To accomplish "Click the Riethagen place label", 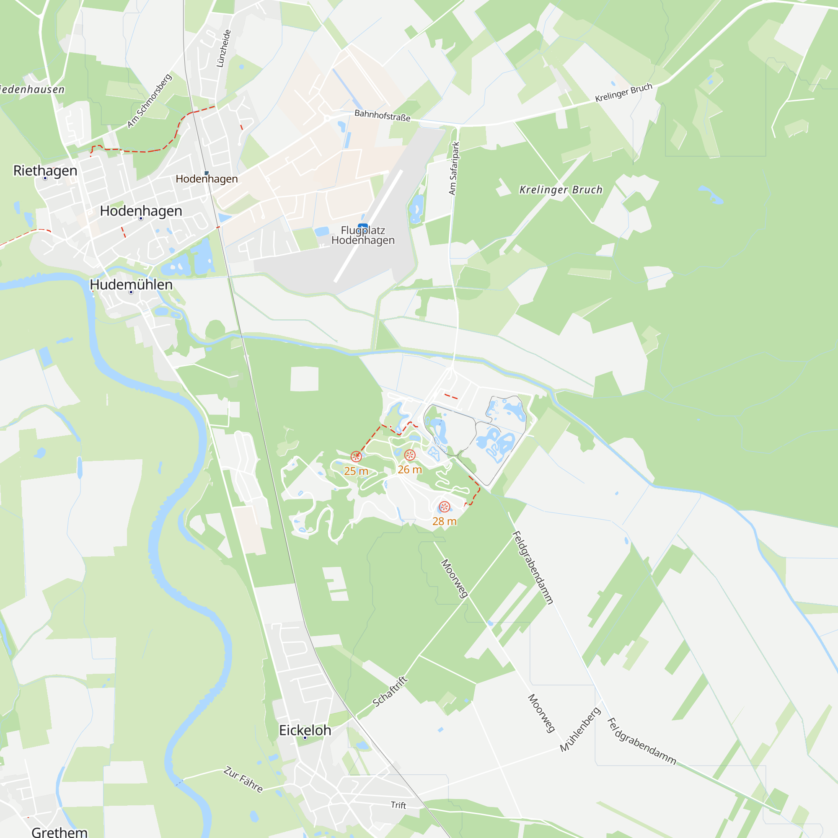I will point(45,171).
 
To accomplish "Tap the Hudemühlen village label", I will point(131,285).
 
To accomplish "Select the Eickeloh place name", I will point(305,730).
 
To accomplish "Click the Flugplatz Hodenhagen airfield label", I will point(363,235).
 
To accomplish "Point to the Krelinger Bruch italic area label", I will point(561,189).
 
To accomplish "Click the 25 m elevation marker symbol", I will point(356,456).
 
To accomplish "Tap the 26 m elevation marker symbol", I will point(410,455).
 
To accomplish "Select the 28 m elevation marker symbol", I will point(444,507).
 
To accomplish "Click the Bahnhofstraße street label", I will point(382,115).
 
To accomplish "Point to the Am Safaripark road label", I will point(454,168).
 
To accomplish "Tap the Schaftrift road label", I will point(390,691).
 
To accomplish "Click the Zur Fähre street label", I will point(243,779).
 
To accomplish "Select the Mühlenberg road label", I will point(580,729).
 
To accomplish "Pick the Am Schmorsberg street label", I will point(149,101).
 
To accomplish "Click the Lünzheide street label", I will point(223,48).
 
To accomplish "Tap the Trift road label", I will point(398,805).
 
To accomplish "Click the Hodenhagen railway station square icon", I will point(207,173).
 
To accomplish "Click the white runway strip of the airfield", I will point(368,226).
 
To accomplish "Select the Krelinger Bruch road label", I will point(623,92).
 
